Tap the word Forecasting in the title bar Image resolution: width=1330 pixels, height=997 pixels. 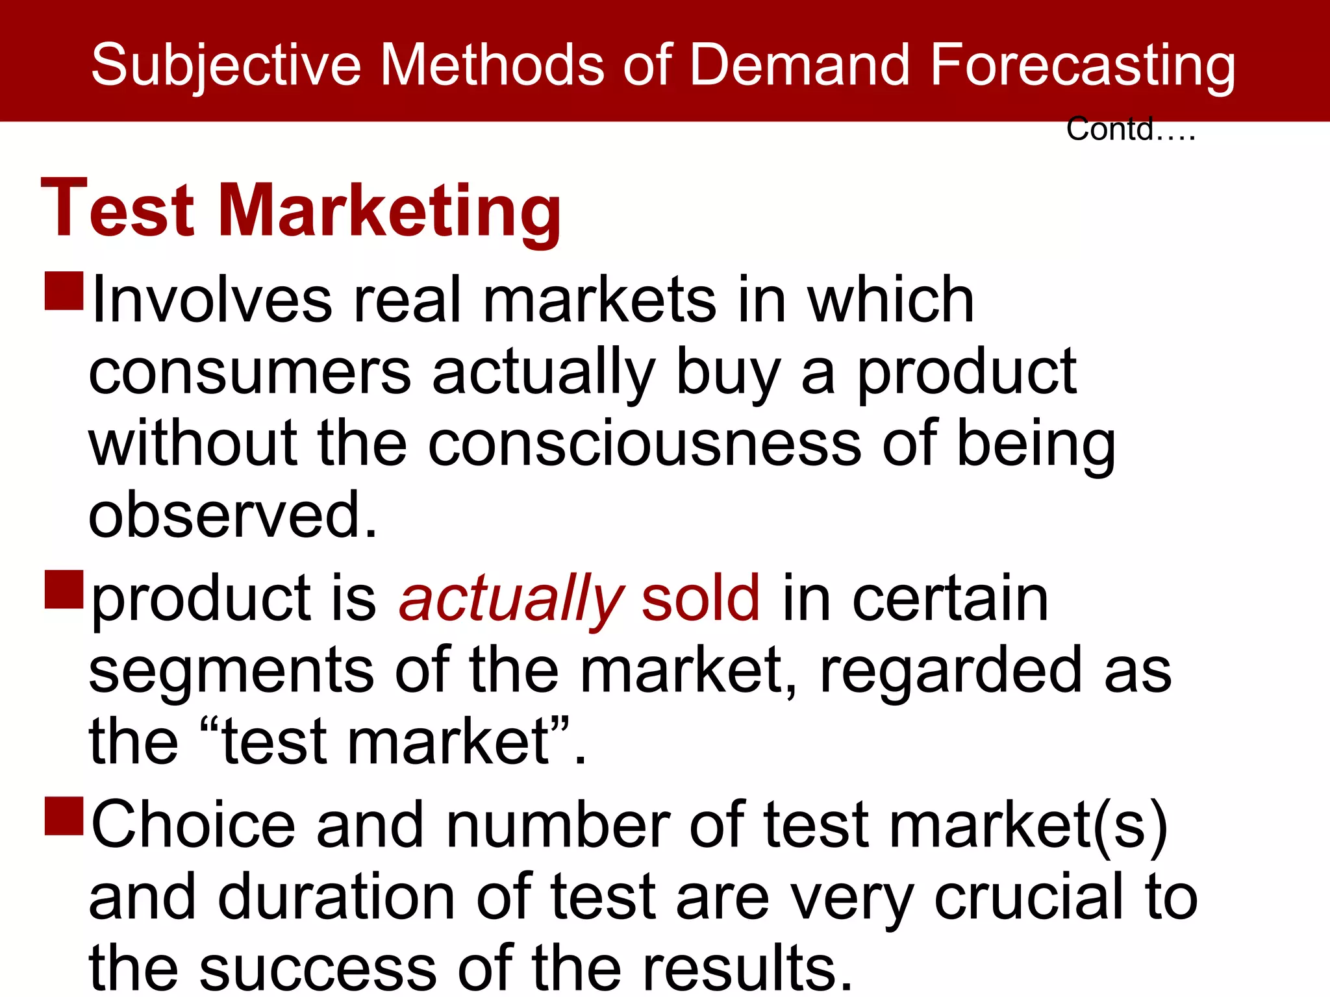click(x=1083, y=65)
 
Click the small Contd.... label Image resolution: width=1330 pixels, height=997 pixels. click(x=1130, y=129)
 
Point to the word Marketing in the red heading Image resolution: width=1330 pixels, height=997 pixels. click(x=390, y=211)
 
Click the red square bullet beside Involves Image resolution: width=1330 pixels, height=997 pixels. click(x=64, y=290)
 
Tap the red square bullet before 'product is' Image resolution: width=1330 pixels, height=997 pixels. click(x=64, y=589)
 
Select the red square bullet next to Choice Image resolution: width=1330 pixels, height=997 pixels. click(x=64, y=815)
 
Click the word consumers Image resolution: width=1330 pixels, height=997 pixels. click(x=250, y=373)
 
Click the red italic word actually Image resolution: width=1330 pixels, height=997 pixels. click(x=511, y=598)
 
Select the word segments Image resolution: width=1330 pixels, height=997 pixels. click(x=231, y=671)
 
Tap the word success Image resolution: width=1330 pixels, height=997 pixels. click(x=318, y=968)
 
